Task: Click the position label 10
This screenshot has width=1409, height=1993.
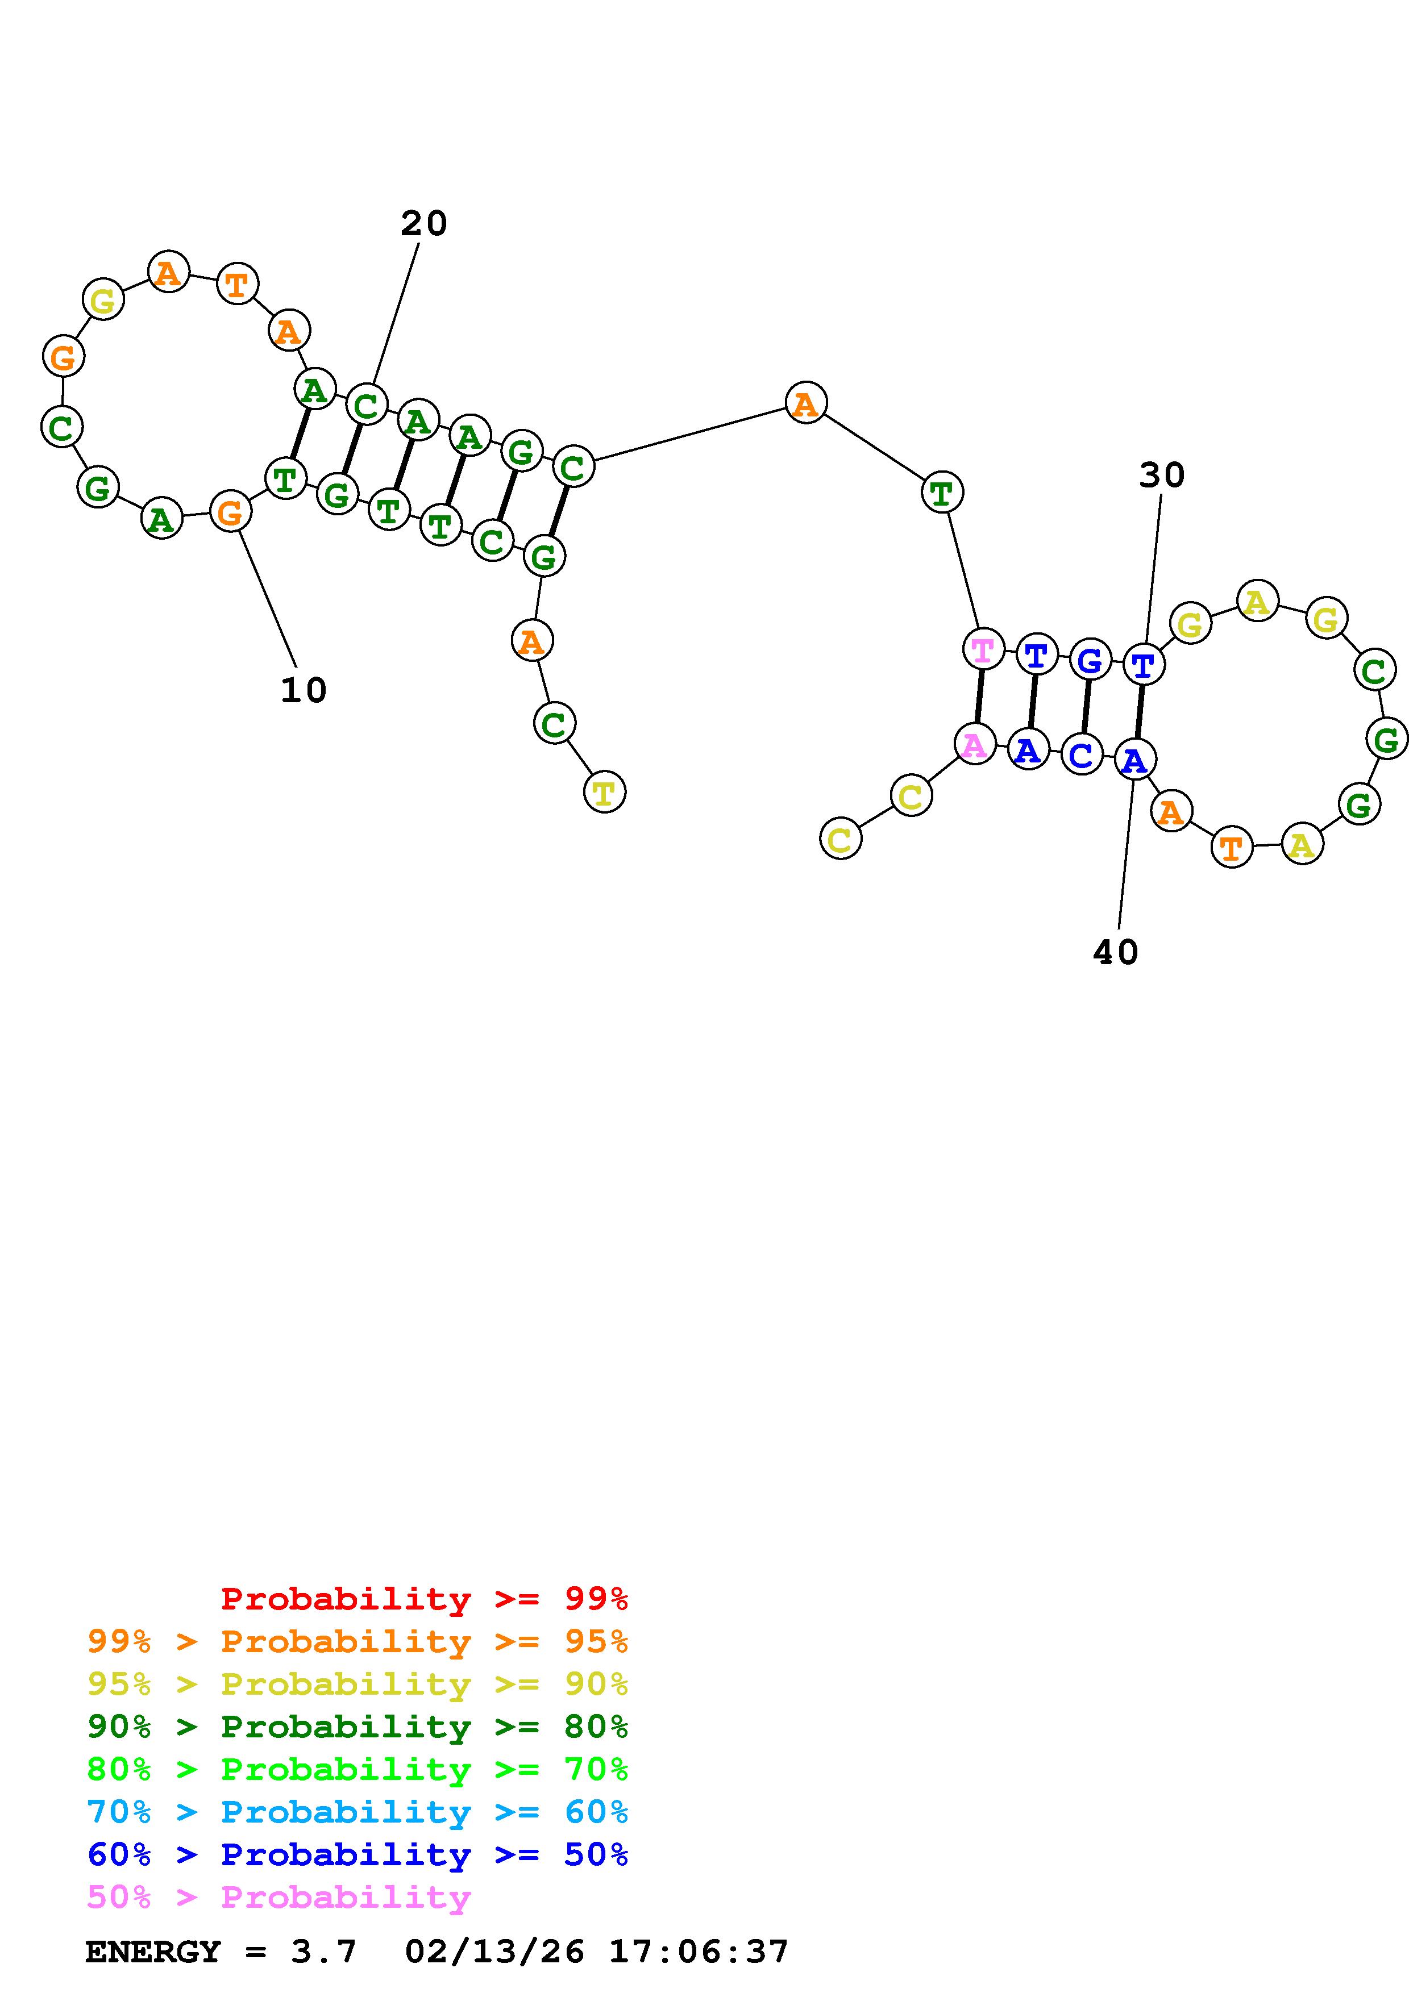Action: (x=303, y=691)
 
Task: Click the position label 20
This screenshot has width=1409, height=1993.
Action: (x=423, y=224)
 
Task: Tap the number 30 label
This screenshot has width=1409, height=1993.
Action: (x=1162, y=476)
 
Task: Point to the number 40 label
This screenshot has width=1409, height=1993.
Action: (x=1116, y=953)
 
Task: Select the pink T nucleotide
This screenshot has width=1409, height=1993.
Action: (x=983, y=649)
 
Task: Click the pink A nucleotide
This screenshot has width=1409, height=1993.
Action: (x=974, y=744)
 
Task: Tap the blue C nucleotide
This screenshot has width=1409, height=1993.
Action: (x=1082, y=754)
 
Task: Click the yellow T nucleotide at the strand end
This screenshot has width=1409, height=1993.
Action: (x=604, y=791)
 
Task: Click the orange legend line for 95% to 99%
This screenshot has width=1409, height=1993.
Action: (x=358, y=1641)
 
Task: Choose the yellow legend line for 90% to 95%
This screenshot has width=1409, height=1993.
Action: (x=358, y=1684)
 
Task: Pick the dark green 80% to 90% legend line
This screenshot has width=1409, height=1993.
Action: (x=358, y=1727)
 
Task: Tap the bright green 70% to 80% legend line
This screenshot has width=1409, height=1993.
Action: (x=358, y=1769)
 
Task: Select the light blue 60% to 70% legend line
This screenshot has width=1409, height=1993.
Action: (x=358, y=1812)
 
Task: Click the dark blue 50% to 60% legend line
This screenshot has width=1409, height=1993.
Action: (x=358, y=1854)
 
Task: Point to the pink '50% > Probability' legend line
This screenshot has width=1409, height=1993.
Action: (x=279, y=1896)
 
